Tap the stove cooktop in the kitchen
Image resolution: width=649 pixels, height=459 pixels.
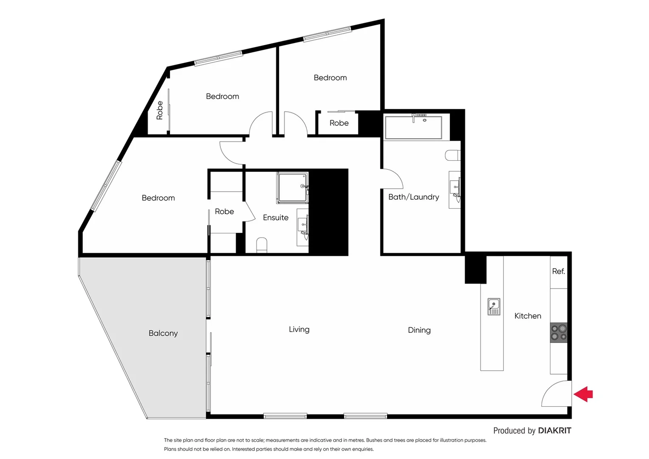coord(559,333)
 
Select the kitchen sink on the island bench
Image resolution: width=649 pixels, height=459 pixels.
coord(494,306)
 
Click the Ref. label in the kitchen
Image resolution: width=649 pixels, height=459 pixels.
coord(559,271)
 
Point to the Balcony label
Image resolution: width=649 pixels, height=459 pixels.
coord(163,333)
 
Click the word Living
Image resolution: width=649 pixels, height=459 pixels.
coord(299,329)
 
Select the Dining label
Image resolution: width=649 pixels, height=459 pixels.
coord(419,330)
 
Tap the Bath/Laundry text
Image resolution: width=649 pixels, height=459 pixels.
coord(413,197)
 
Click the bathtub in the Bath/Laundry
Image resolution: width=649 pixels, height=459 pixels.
coord(413,127)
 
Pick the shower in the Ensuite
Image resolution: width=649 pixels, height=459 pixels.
coord(292,187)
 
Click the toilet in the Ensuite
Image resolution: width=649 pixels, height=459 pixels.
coord(262,245)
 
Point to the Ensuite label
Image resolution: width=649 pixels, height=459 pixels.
coord(276,218)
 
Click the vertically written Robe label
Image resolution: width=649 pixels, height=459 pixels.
coord(160,110)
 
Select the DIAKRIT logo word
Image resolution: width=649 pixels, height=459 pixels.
coord(554,431)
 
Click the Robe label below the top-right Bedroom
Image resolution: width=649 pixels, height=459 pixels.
coord(339,123)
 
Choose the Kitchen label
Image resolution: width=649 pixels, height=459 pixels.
coord(528,316)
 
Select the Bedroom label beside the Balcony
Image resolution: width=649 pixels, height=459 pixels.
coord(158,198)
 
